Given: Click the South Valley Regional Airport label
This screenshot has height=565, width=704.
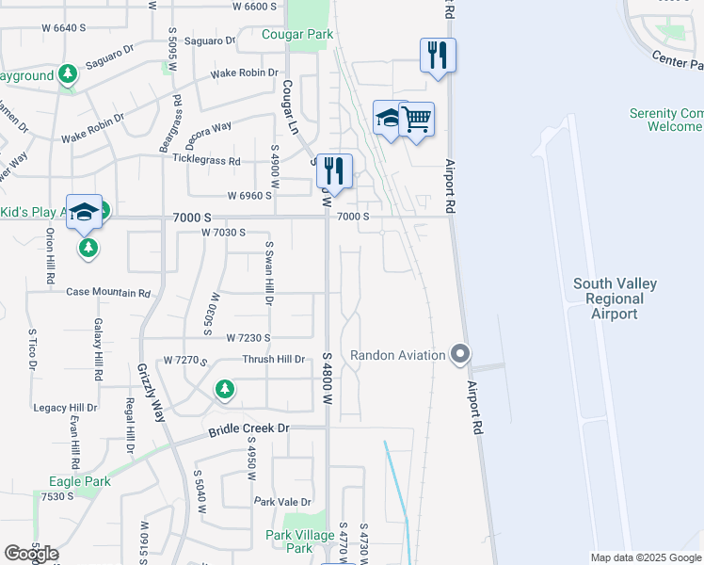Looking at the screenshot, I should tap(616, 299).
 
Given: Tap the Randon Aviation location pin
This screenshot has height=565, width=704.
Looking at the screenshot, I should tap(460, 355).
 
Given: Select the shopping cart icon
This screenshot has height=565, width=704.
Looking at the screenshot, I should tap(417, 120).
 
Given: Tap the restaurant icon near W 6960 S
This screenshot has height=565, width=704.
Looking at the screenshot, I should tap(333, 170).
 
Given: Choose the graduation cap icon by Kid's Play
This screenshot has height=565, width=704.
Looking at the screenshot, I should tap(84, 212).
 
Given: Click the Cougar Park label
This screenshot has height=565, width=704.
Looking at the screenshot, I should tap(299, 35).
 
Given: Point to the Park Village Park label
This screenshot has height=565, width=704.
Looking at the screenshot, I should tap(299, 541).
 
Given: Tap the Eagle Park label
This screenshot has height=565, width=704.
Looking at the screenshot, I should tap(80, 481).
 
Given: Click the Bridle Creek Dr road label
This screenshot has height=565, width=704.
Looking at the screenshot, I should tap(248, 431).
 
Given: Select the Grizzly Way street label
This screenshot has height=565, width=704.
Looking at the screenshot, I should tap(150, 393).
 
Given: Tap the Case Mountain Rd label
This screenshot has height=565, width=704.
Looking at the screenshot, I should tap(108, 293).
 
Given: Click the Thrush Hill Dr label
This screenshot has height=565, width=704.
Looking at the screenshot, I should tap(274, 360).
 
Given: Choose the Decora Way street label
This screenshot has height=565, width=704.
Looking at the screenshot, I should tap(209, 127).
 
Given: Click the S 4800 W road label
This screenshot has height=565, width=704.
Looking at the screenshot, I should tap(327, 367).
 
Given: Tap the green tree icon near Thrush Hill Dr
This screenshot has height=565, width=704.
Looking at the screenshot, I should tap(224, 388).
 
